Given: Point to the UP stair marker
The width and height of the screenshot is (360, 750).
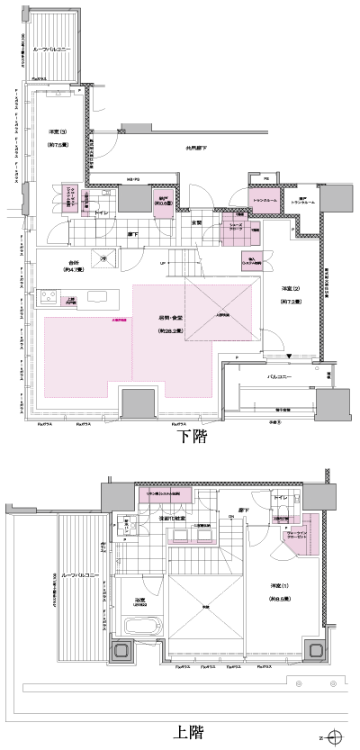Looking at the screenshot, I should coord(162,264).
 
